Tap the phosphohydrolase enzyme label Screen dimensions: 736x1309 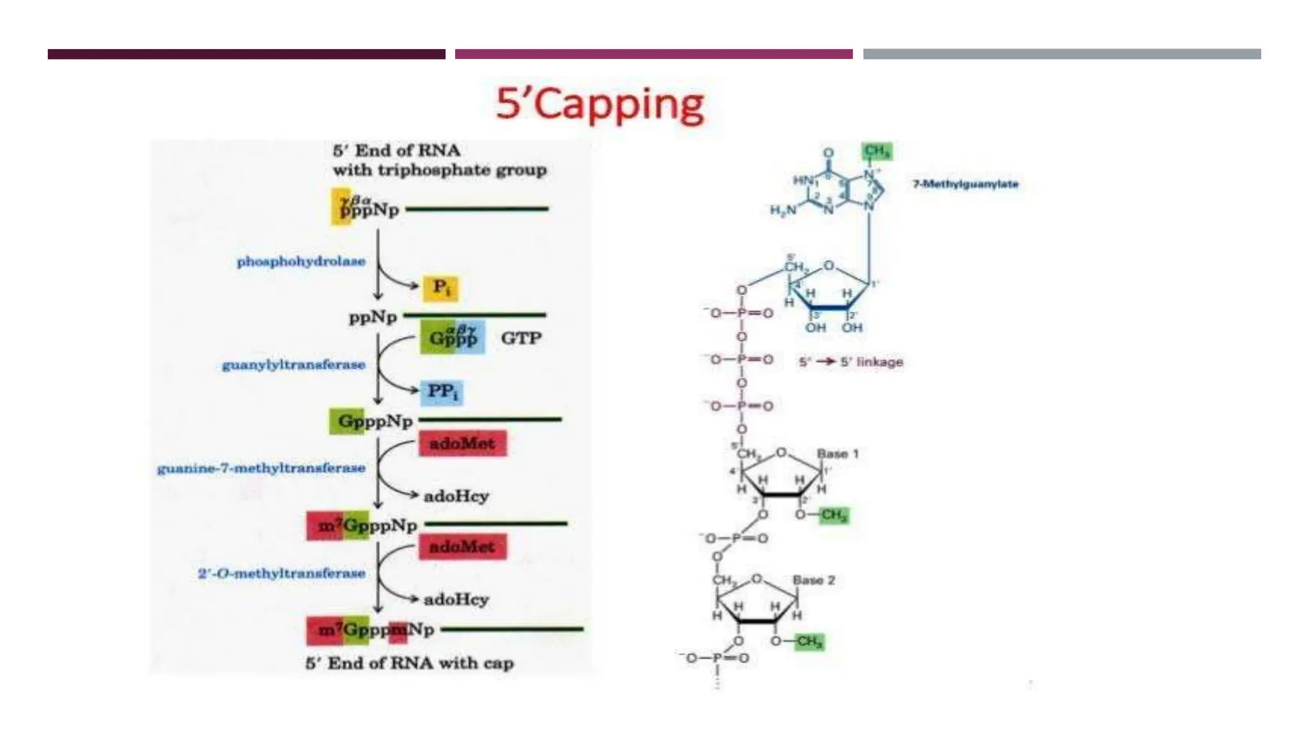click(301, 261)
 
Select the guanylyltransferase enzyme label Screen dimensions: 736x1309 click(293, 365)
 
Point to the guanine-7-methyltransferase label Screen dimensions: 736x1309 click(261, 468)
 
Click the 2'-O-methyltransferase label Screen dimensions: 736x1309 click(281, 573)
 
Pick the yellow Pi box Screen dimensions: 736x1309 click(441, 287)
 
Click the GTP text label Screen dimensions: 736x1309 click(521, 338)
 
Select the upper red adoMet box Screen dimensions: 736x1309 click(462, 443)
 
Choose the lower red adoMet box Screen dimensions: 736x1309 click(462, 547)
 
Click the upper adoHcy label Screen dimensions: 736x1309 click(456, 496)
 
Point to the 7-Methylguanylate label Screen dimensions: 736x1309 click(965, 184)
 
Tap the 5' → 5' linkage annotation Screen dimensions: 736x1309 click(851, 362)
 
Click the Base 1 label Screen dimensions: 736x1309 click(837, 454)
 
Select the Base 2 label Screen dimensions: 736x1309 click(814, 580)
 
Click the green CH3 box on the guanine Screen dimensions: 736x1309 click(876, 151)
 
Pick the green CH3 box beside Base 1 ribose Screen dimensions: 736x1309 click(833, 514)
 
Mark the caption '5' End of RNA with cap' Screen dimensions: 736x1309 click(410, 663)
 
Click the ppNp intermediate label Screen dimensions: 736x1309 click(373, 317)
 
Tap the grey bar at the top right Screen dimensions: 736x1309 click(1062, 54)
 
